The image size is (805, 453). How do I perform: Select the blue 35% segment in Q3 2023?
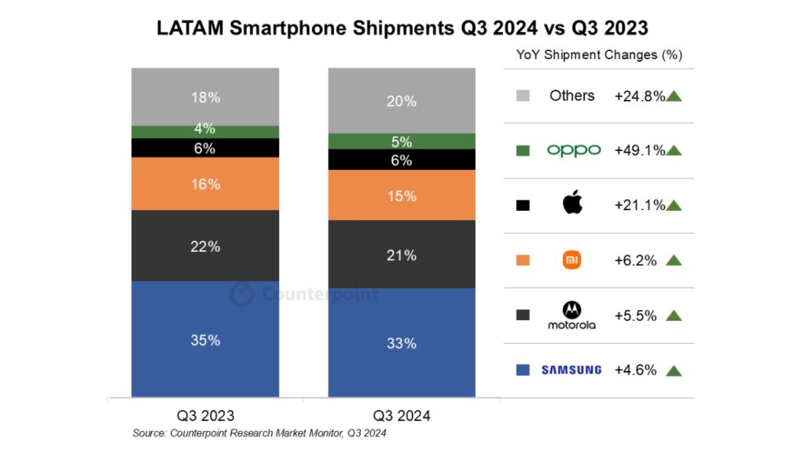(x=205, y=339)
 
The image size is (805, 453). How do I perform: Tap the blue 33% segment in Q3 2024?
(x=402, y=342)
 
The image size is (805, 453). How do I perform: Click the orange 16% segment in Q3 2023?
(x=205, y=184)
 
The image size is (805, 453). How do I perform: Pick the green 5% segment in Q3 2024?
(x=402, y=142)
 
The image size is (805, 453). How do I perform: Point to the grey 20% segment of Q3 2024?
(x=402, y=101)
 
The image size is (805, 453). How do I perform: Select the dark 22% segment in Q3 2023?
(x=205, y=245)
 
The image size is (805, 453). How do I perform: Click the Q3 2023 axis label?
(x=206, y=414)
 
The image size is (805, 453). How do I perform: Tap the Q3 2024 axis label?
(x=402, y=414)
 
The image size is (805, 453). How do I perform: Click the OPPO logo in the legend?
(x=573, y=150)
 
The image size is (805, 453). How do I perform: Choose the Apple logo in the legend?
(x=573, y=204)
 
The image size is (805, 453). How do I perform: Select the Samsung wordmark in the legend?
(x=572, y=370)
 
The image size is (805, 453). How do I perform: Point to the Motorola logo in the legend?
(x=572, y=315)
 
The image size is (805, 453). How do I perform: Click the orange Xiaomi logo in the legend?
(x=572, y=260)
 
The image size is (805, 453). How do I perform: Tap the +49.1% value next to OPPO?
(x=639, y=150)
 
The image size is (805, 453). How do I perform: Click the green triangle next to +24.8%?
(x=674, y=96)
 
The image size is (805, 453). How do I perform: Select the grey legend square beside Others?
(x=523, y=96)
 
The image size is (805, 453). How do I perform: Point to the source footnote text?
(x=259, y=433)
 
